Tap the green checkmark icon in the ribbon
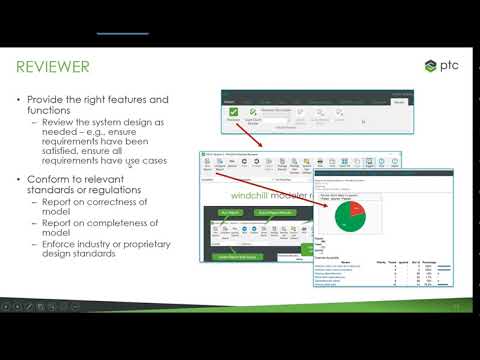(233, 113)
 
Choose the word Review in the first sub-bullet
(61, 123)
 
